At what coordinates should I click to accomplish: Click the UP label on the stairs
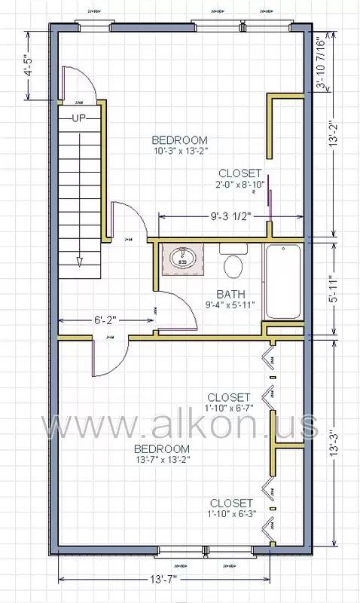pyautogui.click(x=79, y=118)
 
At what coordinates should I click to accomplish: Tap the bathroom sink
pyautogui.click(x=182, y=259)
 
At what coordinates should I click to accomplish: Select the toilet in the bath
pyautogui.click(x=233, y=265)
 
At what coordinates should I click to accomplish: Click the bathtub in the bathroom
pyautogui.click(x=282, y=280)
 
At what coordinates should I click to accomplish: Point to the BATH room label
pyautogui.click(x=229, y=294)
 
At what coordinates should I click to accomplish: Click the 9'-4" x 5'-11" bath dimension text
pyautogui.click(x=229, y=305)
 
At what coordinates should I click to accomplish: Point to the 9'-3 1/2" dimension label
pyautogui.click(x=230, y=216)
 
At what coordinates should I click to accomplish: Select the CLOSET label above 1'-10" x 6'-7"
pyautogui.click(x=228, y=397)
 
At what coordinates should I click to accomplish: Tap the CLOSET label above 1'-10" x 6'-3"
pyautogui.click(x=231, y=503)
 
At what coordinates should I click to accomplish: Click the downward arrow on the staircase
pyautogui.click(x=79, y=262)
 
